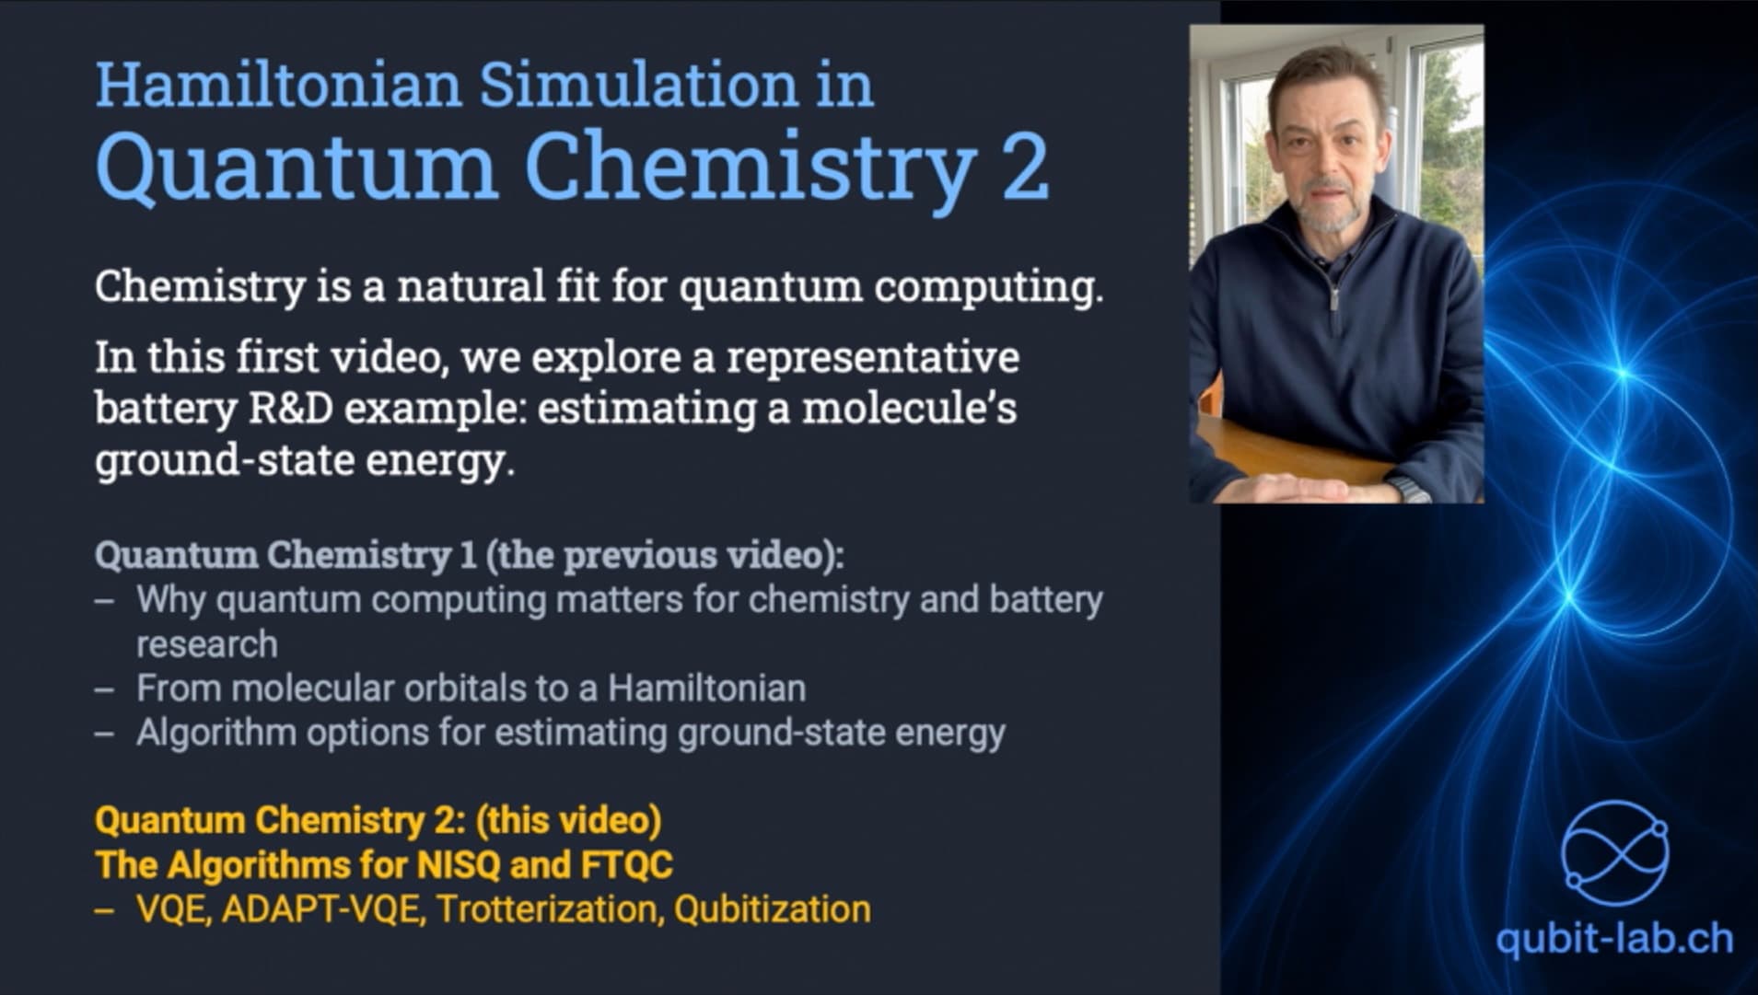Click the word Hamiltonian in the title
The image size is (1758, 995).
tap(278, 85)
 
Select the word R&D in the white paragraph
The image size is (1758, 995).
tap(291, 408)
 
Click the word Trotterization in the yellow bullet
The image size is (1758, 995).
tap(549, 909)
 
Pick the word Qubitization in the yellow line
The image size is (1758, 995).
tap(772, 909)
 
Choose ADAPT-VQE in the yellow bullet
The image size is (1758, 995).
tap(323, 909)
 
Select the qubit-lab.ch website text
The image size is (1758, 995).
tap(1614, 939)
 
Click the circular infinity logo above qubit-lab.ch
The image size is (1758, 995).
tap(1615, 853)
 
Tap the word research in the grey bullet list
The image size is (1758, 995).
tap(207, 644)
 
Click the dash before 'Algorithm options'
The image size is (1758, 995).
tap(105, 734)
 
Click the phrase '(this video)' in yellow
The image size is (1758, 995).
tap(568, 820)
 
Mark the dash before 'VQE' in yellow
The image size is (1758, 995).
tap(105, 910)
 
